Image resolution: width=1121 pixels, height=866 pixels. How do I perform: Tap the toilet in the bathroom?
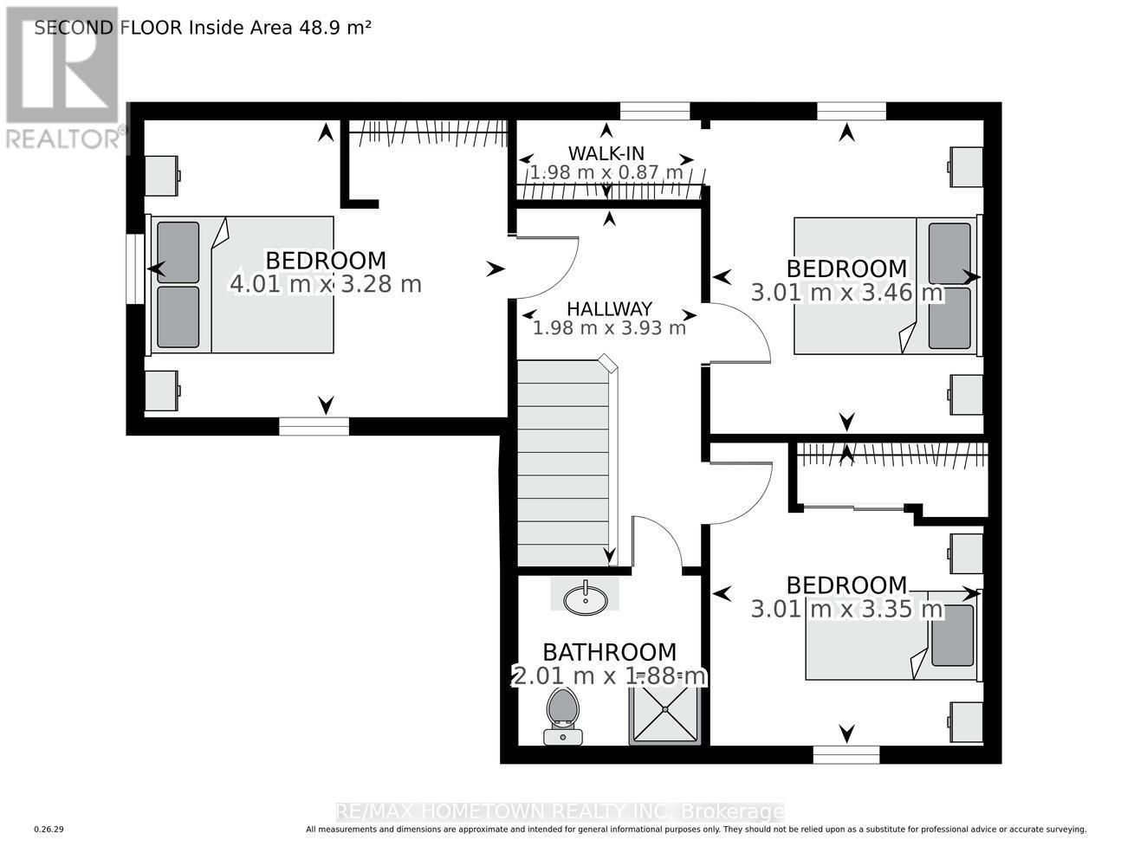[x=562, y=712]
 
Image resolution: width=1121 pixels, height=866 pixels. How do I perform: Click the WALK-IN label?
[x=606, y=153]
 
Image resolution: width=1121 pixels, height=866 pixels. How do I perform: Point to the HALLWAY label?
[x=609, y=309]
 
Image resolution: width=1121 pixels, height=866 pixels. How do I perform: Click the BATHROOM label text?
[x=609, y=652]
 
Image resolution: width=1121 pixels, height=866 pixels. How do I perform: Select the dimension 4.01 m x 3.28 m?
[x=325, y=284]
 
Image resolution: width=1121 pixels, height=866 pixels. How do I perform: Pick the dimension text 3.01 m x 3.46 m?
[x=846, y=293]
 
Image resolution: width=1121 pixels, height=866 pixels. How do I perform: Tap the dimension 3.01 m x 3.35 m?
[x=846, y=609]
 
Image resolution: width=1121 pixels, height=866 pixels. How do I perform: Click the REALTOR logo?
[x=62, y=78]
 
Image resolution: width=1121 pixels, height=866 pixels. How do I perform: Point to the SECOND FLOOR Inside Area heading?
[x=203, y=27]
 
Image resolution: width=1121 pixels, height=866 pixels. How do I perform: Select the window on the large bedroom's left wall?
[x=135, y=268]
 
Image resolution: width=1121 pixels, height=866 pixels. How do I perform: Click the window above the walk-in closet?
[x=654, y=111]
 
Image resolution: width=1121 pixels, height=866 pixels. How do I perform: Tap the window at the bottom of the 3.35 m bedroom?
[x=846, y=755]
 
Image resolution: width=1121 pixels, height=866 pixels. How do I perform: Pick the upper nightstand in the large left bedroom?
[x=162, y=175]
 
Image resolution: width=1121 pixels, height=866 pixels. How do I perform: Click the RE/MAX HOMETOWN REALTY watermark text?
[x=560, y=811]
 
